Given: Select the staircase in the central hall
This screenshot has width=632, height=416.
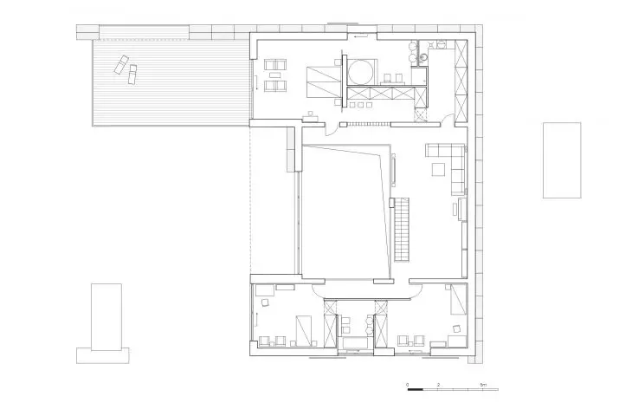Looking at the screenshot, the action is [402, 230].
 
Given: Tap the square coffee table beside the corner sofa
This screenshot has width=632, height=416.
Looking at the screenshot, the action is [438, 170].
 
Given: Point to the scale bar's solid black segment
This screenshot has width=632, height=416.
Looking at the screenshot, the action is [416, 389].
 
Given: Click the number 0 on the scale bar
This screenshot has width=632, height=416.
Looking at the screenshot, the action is [408, 385].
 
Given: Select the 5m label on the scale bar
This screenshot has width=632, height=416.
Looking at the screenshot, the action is [483, 385].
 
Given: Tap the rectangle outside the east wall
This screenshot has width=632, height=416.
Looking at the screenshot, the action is [562, 160].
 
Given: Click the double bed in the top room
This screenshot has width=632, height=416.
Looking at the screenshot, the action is [321, 82].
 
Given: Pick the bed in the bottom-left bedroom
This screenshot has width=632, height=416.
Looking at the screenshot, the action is [304, 330].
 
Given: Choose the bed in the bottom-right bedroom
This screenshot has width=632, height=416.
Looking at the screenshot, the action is [458, 299].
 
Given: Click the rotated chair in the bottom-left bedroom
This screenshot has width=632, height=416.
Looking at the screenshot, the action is [265, 302].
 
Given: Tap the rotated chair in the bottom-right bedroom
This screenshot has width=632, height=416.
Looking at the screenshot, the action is [456, 328].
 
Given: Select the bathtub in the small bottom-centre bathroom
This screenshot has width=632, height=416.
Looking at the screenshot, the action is [356, 343].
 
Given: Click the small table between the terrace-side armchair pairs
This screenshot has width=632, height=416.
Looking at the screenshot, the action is [275, 75].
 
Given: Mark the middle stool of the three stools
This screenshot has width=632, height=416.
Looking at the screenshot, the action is [360, 106].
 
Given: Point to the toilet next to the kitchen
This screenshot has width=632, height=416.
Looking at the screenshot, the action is [422, 60].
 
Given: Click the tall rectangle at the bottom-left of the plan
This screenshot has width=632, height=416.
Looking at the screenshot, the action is [106, 317].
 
